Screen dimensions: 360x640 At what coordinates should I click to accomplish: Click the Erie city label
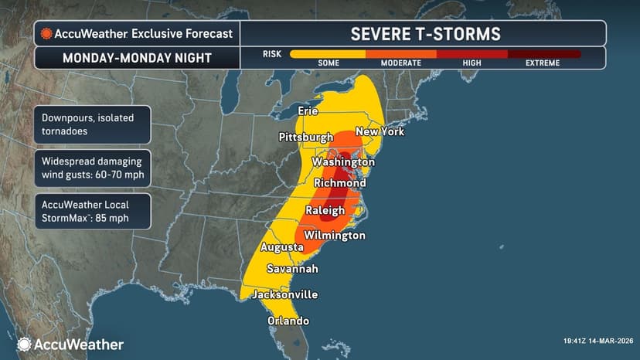[308, 111]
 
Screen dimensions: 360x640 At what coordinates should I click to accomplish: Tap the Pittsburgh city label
[305, 137]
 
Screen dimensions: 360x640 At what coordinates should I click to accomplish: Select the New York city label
[380, 132]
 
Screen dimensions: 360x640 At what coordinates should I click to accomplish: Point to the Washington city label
[343, 162]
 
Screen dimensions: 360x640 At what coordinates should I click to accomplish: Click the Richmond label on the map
[339, 183]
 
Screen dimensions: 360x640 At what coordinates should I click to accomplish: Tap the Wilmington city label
[334, 235]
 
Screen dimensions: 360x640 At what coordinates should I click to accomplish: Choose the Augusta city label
[281, 247]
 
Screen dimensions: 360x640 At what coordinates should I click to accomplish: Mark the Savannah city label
[291, 269]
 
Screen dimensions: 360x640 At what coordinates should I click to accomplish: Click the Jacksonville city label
[284, 294]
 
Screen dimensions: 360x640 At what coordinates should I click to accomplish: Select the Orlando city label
[288, 321]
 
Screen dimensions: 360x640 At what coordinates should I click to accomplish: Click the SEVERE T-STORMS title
[425, 34]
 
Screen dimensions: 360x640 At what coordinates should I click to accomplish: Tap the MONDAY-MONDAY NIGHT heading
[136, 58]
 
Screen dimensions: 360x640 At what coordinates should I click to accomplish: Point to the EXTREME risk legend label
[543, 63]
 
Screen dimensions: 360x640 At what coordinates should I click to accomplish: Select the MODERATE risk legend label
[400, 63]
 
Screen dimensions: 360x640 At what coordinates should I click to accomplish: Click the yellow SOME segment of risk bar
[327, 54]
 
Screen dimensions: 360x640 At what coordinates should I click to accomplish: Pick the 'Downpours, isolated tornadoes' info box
[92, 124]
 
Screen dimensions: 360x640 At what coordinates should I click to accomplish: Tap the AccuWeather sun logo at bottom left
[25, 345]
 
